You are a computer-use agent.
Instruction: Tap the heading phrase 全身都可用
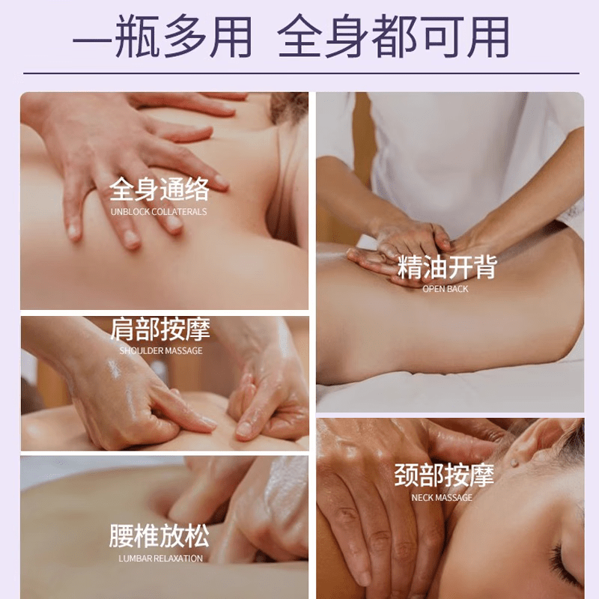tap(394, 37)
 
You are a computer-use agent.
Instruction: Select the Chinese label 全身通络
tap(159, 189)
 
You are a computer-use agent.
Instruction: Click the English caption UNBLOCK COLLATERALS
tap(159, 212)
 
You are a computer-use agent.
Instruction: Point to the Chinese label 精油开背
tap(447, 267)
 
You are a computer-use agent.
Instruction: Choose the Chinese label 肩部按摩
tap(160, 329)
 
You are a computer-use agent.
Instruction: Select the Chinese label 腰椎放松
tap(159, 536)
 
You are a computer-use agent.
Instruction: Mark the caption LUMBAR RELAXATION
tap(160, 559)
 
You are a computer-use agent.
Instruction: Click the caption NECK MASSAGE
tap(442, 497)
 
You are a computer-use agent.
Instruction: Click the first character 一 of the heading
tap(94, 37)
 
